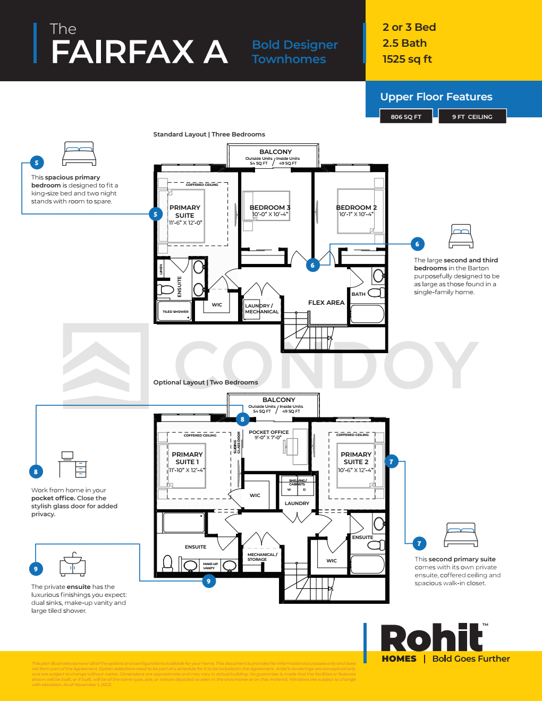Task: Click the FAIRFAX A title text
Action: pos(139,52)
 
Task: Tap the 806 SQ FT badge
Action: pos(406,117)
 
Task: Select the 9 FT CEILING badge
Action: pos(472,117)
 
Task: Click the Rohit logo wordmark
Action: pos(431,638)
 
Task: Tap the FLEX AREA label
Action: pos(326,303)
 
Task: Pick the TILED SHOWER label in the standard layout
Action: pos(175,312)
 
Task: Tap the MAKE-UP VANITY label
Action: pos(210,566)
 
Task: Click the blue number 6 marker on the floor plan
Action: pos(312,265)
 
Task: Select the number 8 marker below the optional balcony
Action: pos(242,419)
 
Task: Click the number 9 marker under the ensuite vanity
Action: pos(208,581)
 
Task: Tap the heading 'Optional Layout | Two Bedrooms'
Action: pos(206,382)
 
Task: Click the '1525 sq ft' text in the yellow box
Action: pos(407,59)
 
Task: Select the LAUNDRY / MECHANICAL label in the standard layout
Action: pos(261,309)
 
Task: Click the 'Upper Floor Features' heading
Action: pos(436,97)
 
